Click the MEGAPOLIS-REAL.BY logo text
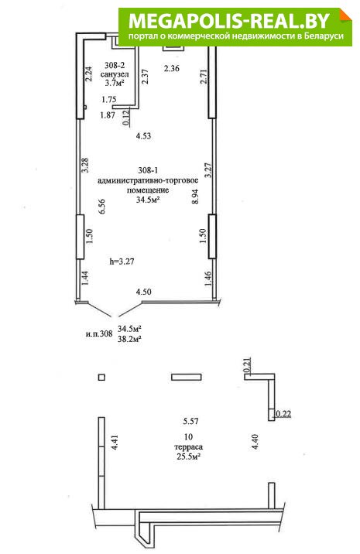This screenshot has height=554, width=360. (229, 21)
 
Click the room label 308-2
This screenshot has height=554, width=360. (115, 65)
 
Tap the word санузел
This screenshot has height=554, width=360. (115, 74)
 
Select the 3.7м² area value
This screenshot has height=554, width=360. (115, 84)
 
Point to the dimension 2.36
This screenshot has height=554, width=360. (172, 69)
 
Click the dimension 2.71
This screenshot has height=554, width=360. (204, 76)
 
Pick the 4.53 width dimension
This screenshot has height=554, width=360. (143, 136)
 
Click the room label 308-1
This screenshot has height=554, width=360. (148, 171)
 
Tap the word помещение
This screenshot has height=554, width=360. (148, 190)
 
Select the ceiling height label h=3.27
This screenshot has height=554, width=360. (122, 262)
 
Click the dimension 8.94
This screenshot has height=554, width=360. (195, 197)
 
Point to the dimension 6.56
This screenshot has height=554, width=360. (102, 207)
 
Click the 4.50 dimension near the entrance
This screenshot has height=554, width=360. (144, 292)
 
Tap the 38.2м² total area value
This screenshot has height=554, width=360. (130, 339)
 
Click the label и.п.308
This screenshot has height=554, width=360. (99, 333)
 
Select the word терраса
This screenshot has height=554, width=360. (188, 447)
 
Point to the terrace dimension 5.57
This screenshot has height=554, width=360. (190, 421)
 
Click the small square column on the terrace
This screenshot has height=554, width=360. (101, 378)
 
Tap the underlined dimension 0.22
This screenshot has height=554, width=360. (283, 414)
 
